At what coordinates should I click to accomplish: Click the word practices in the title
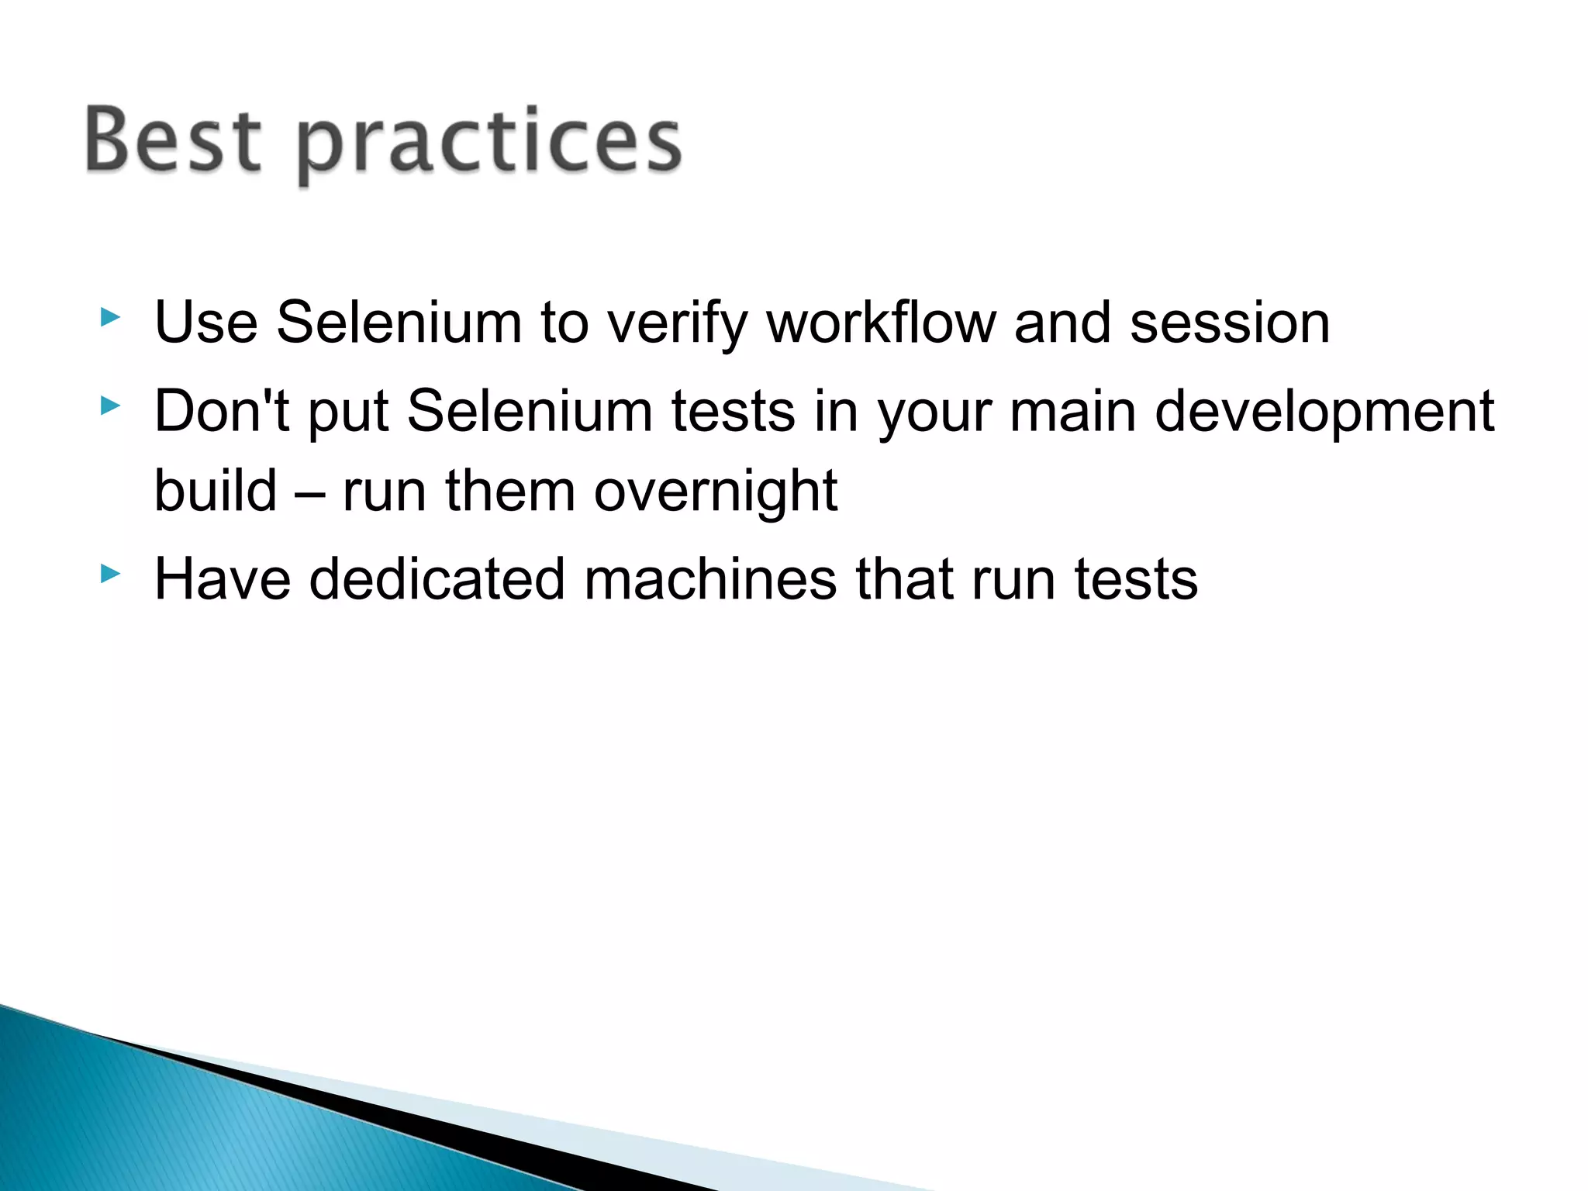488,144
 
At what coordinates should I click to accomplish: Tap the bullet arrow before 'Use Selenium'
111,317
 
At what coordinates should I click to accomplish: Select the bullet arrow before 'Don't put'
111,405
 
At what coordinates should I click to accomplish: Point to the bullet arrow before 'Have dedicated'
111,574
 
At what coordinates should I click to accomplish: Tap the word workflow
881,323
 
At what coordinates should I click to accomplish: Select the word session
1230,323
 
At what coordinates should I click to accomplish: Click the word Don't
222,411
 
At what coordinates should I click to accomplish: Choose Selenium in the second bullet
530,411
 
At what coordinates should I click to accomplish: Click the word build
216,492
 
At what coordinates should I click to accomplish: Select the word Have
223,580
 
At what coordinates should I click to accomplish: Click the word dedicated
437,580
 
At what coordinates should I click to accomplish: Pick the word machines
710,580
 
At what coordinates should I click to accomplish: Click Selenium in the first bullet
399,323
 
